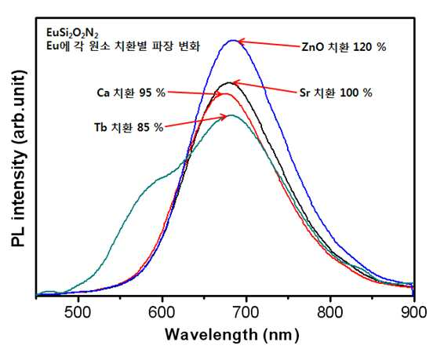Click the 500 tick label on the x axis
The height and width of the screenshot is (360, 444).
[78, 313]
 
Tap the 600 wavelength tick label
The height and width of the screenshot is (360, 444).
[162, 313]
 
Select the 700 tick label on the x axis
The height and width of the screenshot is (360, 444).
[246, 313]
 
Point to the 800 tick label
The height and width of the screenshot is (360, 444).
[330, 313]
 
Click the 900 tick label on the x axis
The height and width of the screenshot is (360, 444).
[414, 313]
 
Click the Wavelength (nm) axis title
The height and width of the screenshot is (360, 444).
[232, 335]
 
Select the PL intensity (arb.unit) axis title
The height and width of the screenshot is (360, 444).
[19, 158]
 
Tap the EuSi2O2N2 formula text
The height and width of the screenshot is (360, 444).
[72, 34]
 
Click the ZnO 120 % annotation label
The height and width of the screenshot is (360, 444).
[344, 47]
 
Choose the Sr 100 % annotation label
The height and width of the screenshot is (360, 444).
[336, 93]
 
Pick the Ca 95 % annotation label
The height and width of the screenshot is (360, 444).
[131, 93]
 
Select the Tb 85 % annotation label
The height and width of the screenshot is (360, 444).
[129, 127]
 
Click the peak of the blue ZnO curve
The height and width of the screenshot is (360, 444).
[233, 40]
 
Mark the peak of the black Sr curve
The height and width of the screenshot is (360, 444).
[229, 82]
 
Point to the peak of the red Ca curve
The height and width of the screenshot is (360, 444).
[226, 93]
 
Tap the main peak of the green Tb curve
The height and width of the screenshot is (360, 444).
[232, 115]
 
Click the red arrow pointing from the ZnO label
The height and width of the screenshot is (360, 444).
[268, 44]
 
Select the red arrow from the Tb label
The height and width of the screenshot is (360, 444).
[195, 121]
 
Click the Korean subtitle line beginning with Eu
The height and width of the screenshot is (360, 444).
[123, 46]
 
